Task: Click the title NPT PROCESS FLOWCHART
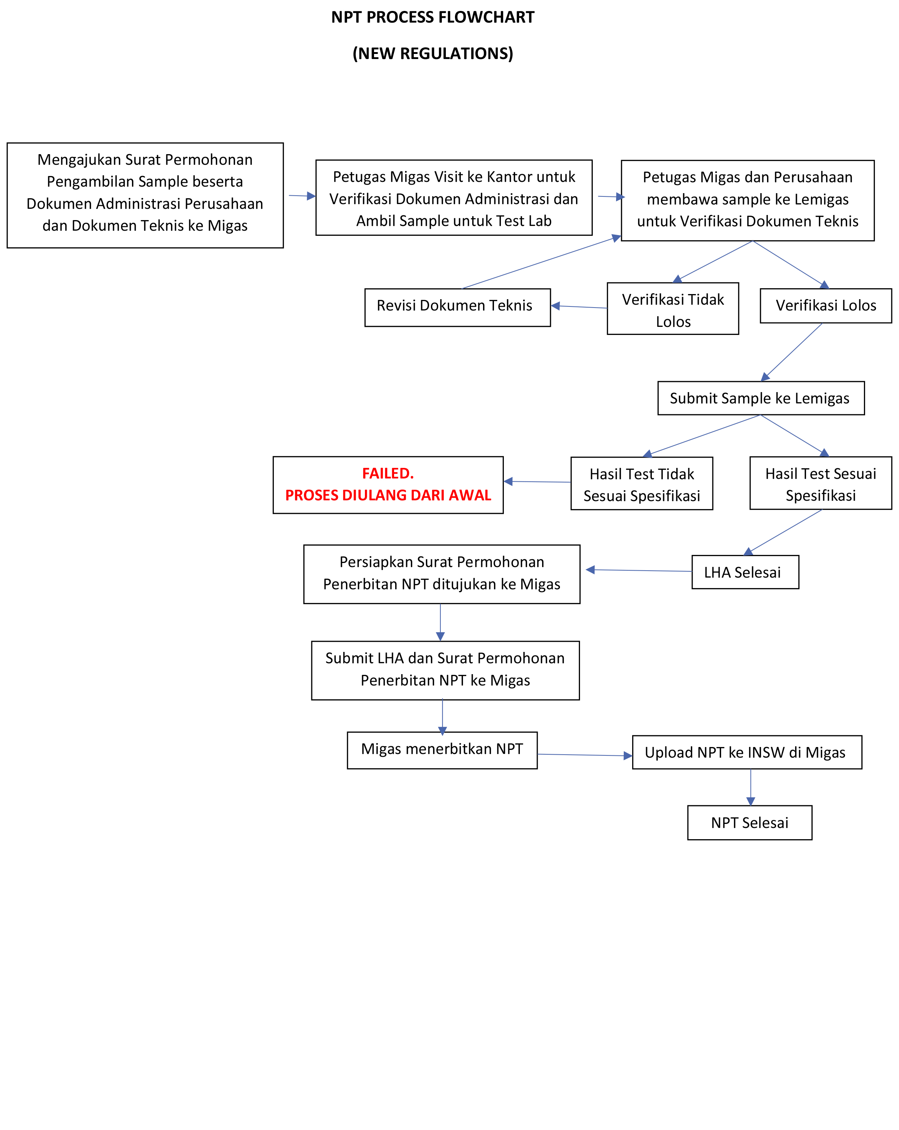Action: [x=432, y=17]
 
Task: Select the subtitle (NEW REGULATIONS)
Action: [x=432, y=54]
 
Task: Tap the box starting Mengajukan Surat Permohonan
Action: [x=145, y=195]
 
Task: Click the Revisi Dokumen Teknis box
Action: [x=457, y=307]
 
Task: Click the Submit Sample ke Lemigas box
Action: [x=760, y=398]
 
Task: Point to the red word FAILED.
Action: [x=388, y=473]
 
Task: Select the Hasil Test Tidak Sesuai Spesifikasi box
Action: [x=641, y=483]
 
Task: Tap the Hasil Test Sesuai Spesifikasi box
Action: [x=820, y=483]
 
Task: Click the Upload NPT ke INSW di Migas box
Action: [x=747, y=752]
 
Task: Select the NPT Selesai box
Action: [x=749, y=822]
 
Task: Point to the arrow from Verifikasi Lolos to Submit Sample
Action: [x=791, y=352]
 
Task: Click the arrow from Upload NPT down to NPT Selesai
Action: [x=750, y=787]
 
